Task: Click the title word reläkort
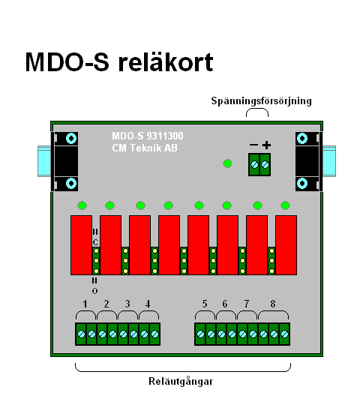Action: tap(166, 62)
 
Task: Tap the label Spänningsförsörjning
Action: tap(261, 101)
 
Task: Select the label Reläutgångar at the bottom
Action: tap(181, 381)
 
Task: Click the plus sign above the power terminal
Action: tap(267, 145)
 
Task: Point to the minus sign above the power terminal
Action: tap(253, 145)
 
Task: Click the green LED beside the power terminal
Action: tap(227, 163)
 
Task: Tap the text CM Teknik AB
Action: tap(145, 148)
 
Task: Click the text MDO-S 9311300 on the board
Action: tap(148, 136)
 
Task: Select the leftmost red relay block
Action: tap(81, 245)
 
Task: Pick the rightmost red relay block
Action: tap(286, 245)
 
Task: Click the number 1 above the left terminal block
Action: tap(85, 304)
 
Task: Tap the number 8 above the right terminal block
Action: tap(273, 304)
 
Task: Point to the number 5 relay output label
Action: tap(205, 304)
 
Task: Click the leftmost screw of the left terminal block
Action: tap(81, 334)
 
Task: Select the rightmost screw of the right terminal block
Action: tap(284, 334)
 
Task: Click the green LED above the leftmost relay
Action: tap(82, 205)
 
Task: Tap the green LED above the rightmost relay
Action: tap(286, 205)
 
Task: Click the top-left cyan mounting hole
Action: tap(71, 139)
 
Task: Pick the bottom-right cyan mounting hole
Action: tap(302, 183)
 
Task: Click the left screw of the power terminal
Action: tap(254, 164)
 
